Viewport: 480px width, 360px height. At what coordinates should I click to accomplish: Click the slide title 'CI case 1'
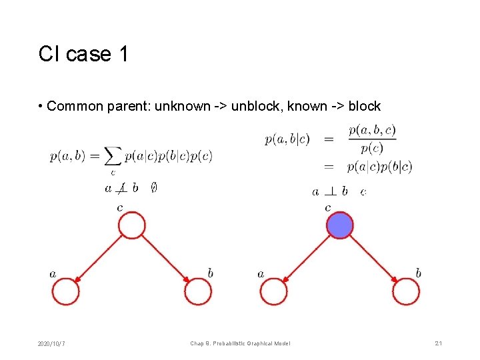83,53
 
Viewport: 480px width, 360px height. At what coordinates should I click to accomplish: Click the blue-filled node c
340,225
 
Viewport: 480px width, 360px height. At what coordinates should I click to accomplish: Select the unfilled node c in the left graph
132,225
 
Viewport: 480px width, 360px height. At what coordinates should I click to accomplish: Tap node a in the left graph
65,292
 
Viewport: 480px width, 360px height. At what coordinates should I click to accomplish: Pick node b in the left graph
198,292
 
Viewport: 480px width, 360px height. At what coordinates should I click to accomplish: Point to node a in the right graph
273,292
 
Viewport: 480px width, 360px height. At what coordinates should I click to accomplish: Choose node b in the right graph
406,292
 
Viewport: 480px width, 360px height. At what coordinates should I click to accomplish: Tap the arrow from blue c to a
307,259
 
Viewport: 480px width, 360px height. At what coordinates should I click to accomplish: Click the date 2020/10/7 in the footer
51,343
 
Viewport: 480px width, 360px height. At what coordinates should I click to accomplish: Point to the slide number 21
439,343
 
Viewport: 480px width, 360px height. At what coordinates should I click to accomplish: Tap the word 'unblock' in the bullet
253,106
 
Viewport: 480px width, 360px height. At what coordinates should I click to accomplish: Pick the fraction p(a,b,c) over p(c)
372,139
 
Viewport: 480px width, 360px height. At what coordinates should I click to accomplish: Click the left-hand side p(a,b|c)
287,139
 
